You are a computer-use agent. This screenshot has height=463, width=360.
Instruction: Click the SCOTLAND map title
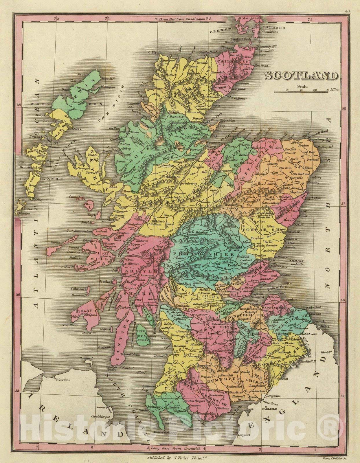coord(301,76)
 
